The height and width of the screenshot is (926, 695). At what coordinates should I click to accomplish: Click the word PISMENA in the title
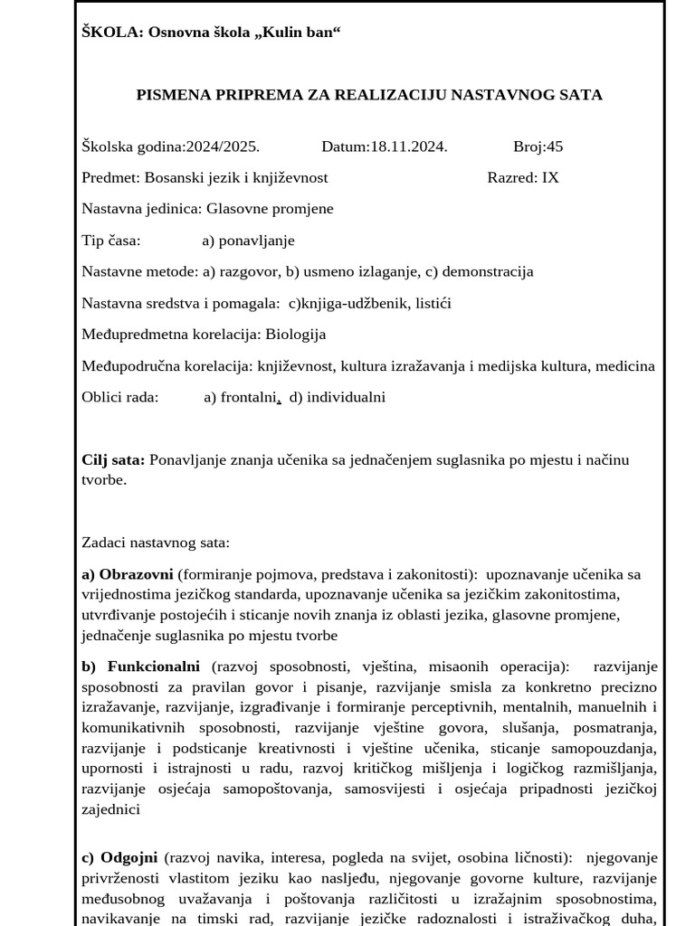tap(172, 95)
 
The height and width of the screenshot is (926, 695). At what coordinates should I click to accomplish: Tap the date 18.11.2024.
tap(408, 146)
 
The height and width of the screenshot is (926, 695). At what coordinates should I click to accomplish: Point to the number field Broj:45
tap(538, 146)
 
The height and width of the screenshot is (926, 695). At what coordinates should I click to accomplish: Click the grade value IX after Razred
tap(550, 177)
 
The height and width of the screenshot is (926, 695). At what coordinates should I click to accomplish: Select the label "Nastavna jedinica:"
tap(142, 209)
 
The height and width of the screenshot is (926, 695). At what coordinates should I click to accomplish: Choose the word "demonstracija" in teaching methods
tap(488, 271)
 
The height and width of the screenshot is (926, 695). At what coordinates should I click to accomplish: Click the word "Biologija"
tap(295, 335)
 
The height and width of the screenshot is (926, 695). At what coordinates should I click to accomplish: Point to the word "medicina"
tap(624, 365)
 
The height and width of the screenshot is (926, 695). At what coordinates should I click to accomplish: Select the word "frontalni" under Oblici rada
tap(250, 397)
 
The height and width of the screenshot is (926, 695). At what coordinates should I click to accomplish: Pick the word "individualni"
tap(347, 397)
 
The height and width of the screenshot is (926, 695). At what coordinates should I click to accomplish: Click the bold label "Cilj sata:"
tap(113, 460)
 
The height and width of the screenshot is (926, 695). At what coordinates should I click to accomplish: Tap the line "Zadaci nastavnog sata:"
tap(156, 543)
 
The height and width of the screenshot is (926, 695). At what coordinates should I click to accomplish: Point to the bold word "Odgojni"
tap(129, 856)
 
